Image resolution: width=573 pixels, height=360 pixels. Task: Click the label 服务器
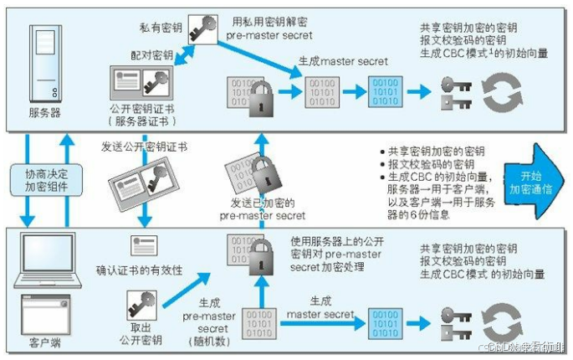coord(45,112)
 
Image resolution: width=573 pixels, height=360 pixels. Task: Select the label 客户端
coord(48,343)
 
